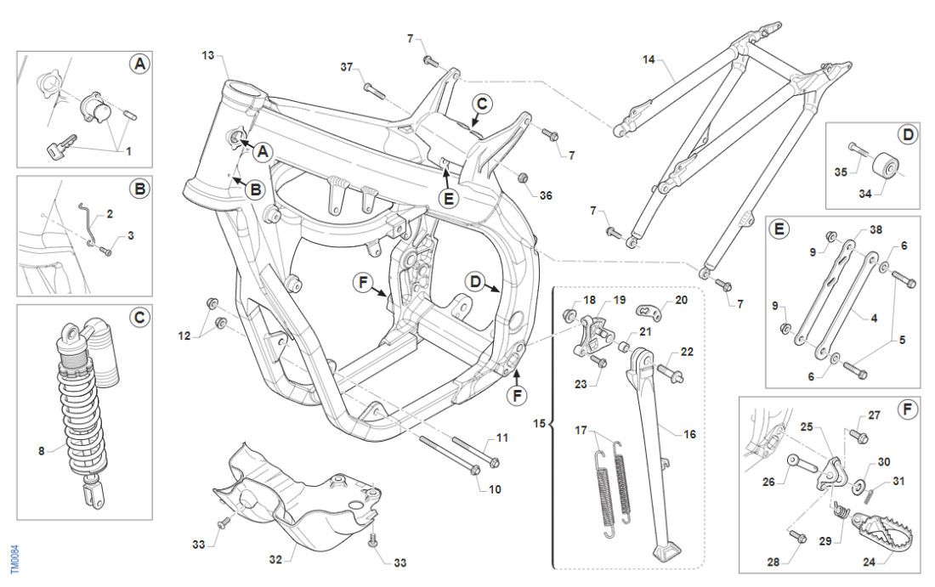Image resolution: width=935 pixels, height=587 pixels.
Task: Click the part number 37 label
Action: pyautogui.click(x=346, y=67)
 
